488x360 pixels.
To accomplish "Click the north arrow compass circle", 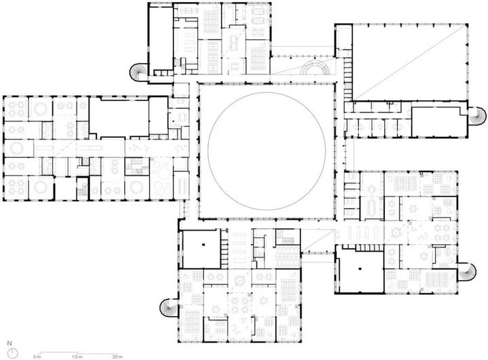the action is tap(13, 353).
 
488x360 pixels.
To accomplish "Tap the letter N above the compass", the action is tap(9, 344).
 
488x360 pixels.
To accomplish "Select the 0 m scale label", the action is tap(37, 357).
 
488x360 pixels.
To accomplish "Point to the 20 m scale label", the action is tap(117, 357).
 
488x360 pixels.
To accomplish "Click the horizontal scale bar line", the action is tap(77, 353).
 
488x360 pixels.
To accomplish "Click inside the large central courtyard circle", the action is tap(267, 151).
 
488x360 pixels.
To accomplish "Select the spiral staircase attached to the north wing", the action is tap(138, 72).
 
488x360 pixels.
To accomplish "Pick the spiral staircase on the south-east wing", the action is tap(468, 273).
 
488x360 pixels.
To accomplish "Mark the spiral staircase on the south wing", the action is tap(169, 308).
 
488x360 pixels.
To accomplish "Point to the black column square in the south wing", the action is tap(203, 245).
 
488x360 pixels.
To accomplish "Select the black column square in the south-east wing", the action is tap(360, 268).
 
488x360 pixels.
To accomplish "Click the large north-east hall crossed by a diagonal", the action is tap(409, 62).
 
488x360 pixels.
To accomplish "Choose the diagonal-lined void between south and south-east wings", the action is tap(317, 241).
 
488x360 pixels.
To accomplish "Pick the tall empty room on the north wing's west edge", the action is tap(161, 39).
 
